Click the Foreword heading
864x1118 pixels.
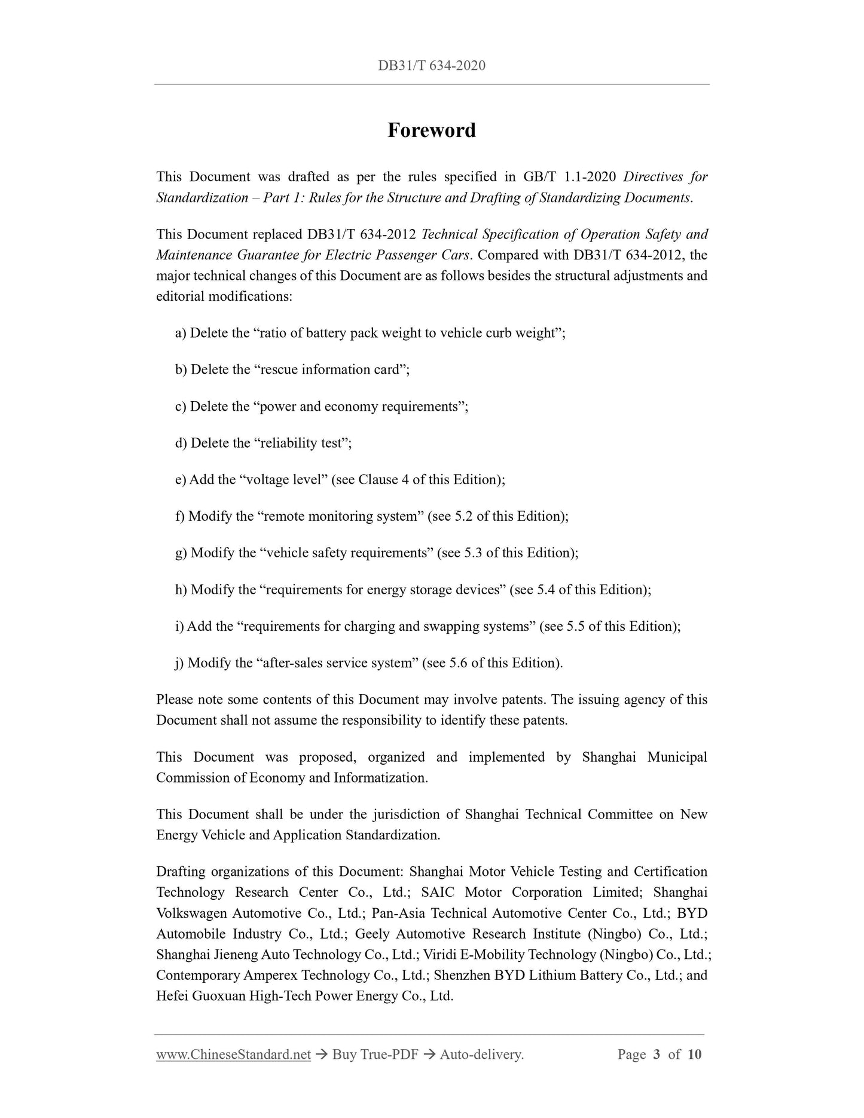431,130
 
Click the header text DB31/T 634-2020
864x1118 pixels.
431,66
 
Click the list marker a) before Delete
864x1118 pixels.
181,333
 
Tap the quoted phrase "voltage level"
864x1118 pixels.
285,479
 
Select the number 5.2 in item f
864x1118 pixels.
464,516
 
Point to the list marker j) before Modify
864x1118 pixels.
179,662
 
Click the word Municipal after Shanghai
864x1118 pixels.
677,757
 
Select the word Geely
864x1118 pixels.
373,934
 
